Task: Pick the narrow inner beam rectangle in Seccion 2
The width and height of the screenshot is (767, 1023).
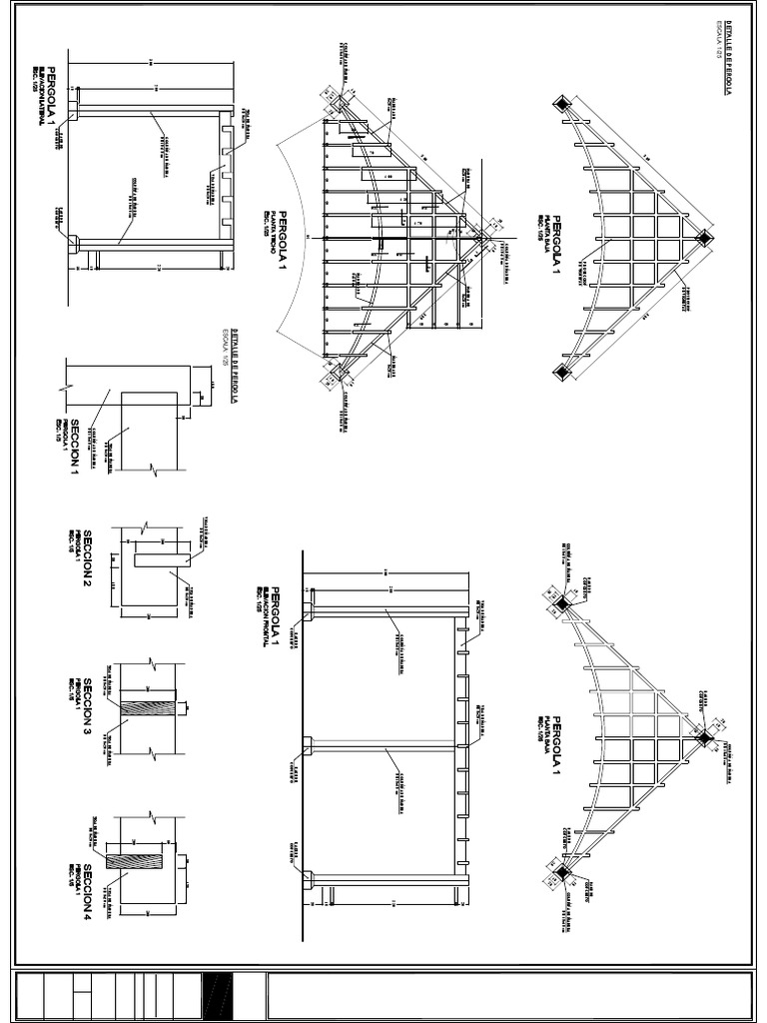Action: [163, 560]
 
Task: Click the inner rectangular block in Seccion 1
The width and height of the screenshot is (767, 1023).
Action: [149, 431]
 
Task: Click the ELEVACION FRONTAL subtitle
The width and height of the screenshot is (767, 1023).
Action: [266, 615]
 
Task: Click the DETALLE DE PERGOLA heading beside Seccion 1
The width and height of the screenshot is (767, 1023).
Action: [236, 366]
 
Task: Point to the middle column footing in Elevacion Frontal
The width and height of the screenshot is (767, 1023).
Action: [309, 744]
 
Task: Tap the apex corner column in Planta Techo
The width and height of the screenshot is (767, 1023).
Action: [482, 237]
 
